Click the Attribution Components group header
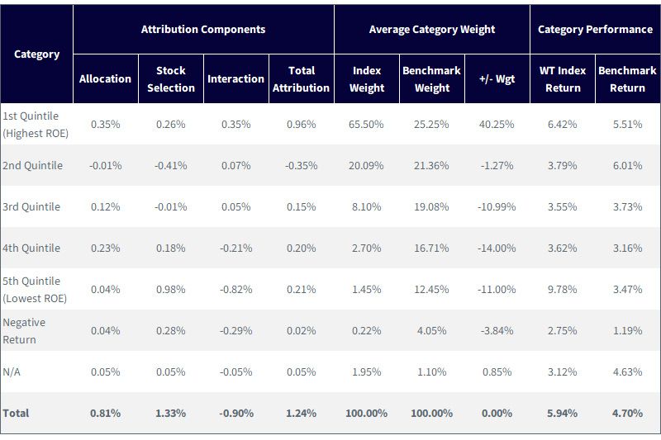tap(203, 29)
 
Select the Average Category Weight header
tap(431, 29)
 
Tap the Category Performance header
tap(595, 29)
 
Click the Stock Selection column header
tap(171, 78)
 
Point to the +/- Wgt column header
tap(497, 78)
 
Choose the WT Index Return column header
tap(563, 78)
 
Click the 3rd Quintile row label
tap(31, 206)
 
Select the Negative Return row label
tap(24, 330)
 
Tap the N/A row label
tap(12, 371)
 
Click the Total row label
tap(16, 413)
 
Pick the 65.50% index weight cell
tap(366, 124)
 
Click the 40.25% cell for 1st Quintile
tap(497, 124)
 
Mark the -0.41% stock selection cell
tap(171, 165)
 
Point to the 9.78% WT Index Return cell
tap(563, 289)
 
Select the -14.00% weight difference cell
tap(497, 248)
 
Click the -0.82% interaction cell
tap(236, 289)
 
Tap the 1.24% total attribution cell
tap(301, 413)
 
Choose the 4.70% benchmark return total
tap(628, 413)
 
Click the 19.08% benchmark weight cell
tap(431, 206)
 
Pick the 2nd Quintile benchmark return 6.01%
tap(628, 165)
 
